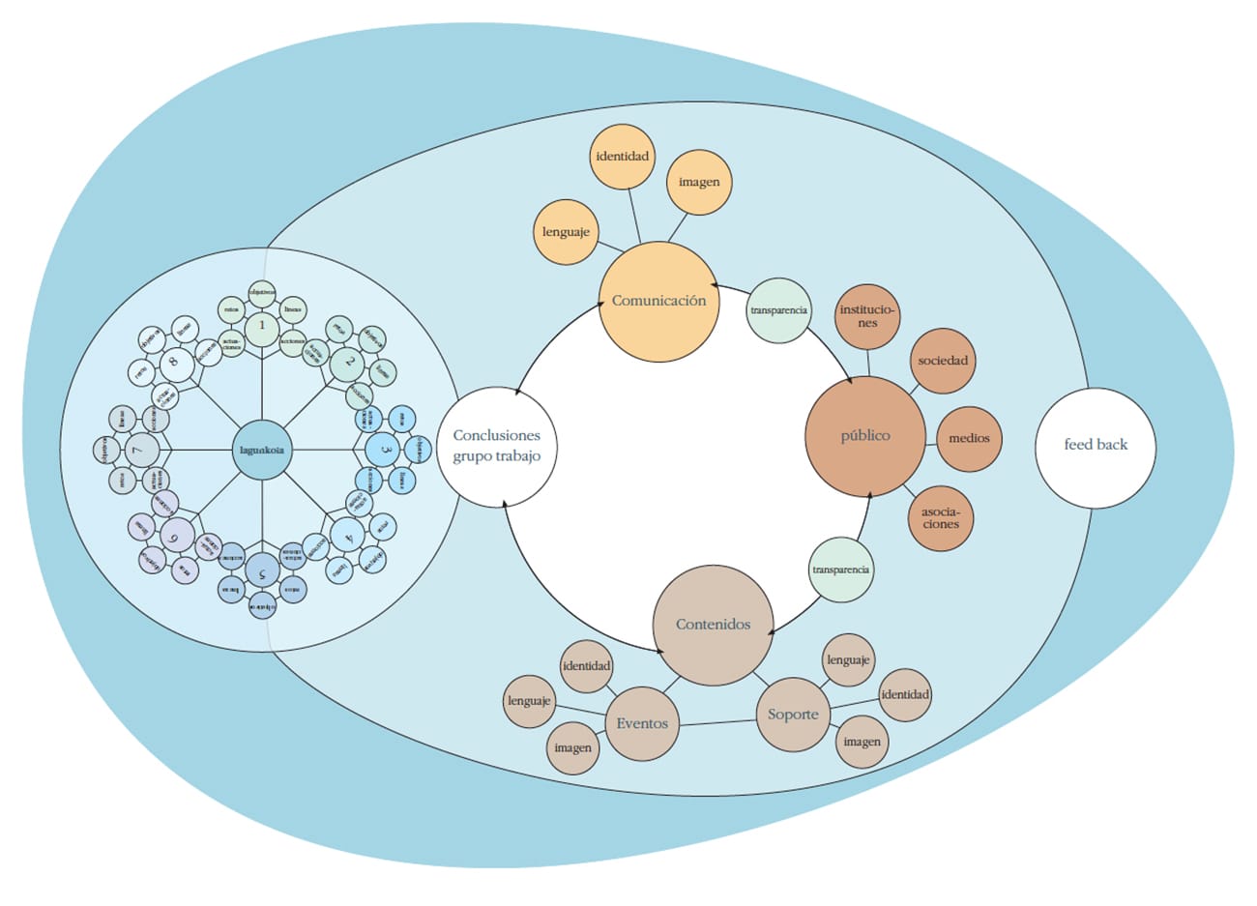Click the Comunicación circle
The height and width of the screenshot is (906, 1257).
click(x=659, y=301)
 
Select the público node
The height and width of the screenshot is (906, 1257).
click(x=865, y=436)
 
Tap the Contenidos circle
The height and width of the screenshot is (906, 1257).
click(x=714, y=625)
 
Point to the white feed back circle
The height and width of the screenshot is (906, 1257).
click(x=1096, y=446)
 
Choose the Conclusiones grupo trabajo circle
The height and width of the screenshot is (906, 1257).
click(x=497, y=447)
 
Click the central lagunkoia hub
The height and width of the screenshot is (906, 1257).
click(x=262, y=449)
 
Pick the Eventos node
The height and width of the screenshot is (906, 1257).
click(x=642, y=723)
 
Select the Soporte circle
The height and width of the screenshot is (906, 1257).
click(x=793, y=715)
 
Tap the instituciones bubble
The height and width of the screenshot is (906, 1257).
click(x=868, y=316)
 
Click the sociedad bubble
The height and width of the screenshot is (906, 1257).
click(x=943, y=361)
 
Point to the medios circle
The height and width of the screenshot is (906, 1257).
click(x=969, y=438)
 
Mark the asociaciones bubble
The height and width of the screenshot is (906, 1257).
click(x=940, y=517)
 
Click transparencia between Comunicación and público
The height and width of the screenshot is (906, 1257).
click(x=778, y=310)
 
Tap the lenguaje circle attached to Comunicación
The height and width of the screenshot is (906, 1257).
click(x=566, y=232)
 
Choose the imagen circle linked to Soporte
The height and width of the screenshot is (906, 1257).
click(x=862, y=742)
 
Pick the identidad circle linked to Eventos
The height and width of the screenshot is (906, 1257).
click(x=587, y=666)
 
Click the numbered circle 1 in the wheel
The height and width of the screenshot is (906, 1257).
click(x=261, y=327)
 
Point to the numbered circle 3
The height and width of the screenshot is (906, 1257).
click(x=385, y=450)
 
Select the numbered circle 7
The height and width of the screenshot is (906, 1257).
click(x=140, y=450)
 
